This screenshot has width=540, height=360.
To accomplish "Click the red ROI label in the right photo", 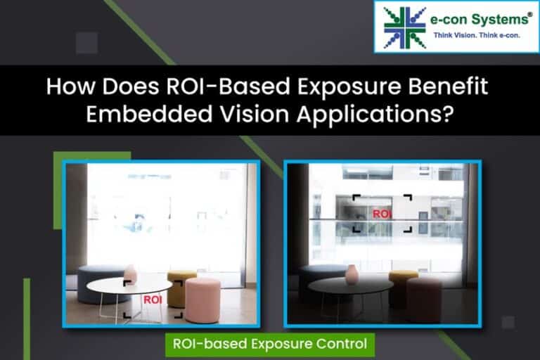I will (x=382, y=213).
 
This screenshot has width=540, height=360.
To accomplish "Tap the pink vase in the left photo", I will (x=130, y=274).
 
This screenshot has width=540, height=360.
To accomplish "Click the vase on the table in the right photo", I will (x=352, y=273).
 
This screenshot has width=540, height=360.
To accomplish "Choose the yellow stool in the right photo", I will (x=403, y=281).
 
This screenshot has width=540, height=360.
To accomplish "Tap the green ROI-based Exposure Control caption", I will (x=270, y=344).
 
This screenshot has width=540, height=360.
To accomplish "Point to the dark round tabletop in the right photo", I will (x=350, y=285).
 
